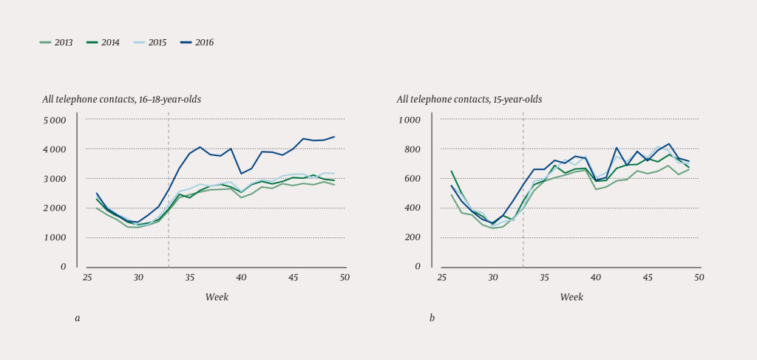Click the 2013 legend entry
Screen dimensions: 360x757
55,43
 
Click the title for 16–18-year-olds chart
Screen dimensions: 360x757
121,99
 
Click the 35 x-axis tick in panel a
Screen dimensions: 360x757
190,277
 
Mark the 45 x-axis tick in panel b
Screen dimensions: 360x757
648,277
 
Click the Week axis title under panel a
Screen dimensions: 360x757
217,296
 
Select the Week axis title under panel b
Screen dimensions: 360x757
571,296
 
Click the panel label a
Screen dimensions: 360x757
77,318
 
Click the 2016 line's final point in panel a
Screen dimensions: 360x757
334,137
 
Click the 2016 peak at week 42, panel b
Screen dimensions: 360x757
617,148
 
